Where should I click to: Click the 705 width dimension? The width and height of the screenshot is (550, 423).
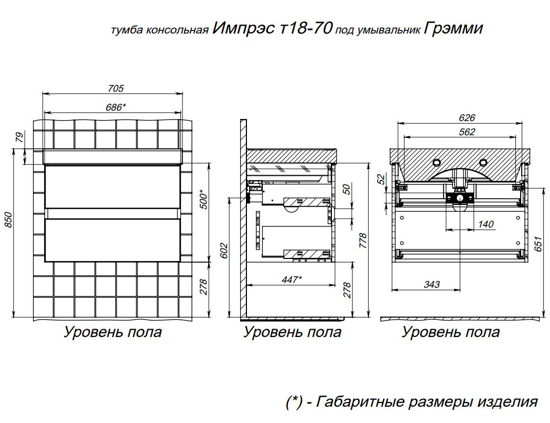point(116,89)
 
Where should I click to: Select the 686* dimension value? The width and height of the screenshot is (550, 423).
point(116,107)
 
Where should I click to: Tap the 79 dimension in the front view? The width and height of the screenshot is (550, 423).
point(19,137)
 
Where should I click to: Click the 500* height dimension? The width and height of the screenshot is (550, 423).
point(203,200)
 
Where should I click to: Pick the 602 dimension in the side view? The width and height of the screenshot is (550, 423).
point(224,251)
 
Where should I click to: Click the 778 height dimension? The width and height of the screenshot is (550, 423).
point(363,241)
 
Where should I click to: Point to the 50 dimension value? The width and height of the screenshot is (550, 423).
point(347,189)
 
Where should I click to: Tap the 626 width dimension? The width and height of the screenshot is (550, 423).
point(467,118)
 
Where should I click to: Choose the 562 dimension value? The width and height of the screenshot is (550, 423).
point(467,132)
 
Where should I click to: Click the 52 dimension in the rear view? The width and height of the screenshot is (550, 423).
point(381,179)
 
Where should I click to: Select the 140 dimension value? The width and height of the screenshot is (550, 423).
point(486,224)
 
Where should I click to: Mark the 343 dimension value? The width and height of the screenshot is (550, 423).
point(432,284)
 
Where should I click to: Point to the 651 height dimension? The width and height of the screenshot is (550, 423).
point(538,244)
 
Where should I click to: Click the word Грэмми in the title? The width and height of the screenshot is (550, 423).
point(453,28)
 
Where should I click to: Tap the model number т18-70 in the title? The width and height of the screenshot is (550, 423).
point(306,28)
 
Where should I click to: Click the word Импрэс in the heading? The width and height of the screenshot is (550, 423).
point(243,28)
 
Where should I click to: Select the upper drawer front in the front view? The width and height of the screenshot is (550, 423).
point(113,187)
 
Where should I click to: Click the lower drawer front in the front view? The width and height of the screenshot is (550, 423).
point(113,240)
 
